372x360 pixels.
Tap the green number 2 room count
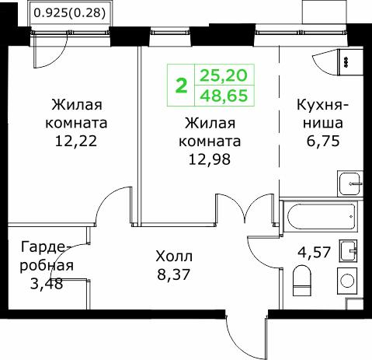click(x=182, y=86)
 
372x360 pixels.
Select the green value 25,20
click(x=224, y=75)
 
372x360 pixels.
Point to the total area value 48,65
click(x=224, y=96)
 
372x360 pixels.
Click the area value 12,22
click(x=78, y=142)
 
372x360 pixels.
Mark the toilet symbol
click(x=303, y=278)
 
